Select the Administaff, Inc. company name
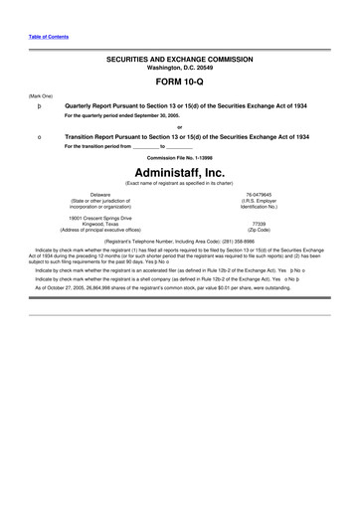pos(179,171)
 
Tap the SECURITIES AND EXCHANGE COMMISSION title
pos(179,60)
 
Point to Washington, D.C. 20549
pos(179,68)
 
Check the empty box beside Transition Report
pos(38,136)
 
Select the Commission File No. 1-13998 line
pos(179,157)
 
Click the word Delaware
pos(99,195)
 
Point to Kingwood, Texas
pos(99,224)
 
